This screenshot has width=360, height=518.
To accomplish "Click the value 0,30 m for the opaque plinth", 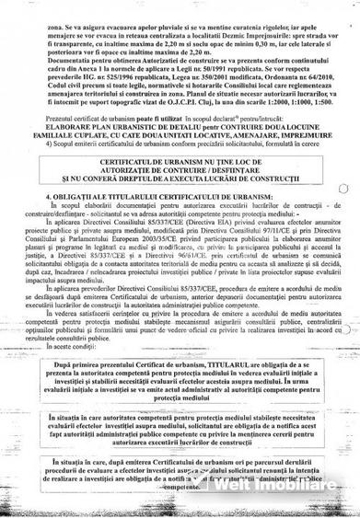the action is point(280,38).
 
